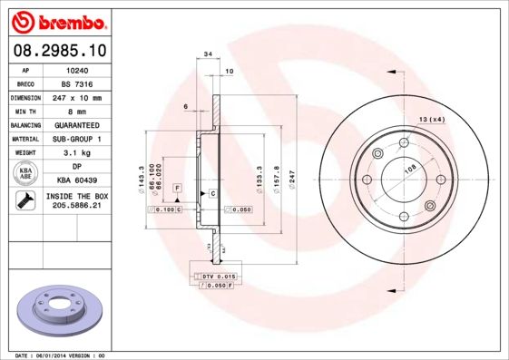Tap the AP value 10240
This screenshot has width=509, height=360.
pyautogui.click(x=76, y=69)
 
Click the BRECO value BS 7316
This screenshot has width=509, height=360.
pyautogui.click(x=76, y=83)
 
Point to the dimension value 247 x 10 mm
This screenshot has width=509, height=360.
pyautogui.click(x=76, y=96)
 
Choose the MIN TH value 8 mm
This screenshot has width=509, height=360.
pyautogui.click(x=76, y=111)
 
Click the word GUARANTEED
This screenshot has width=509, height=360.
pyautogui.click(x=76, y=124)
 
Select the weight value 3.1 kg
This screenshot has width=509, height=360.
pyautogui.click(x=76, y=152)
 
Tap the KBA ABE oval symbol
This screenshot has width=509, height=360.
pyautogui.click(x=26, y=173)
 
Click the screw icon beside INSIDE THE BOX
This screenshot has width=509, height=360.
pyautogui.click(x=25, y=201)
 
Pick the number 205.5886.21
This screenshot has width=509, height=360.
pyautogui.click(x=76, y=207)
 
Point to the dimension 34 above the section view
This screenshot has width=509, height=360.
pyautogui.click(x=209, y=55)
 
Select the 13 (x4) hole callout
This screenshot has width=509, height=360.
pyautogui.click(x=430, y=120)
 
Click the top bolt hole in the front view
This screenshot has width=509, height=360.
pyautogui.click(x=404, y=142)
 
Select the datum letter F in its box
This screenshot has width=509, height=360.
pyautogui.click(x=178, y=187)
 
